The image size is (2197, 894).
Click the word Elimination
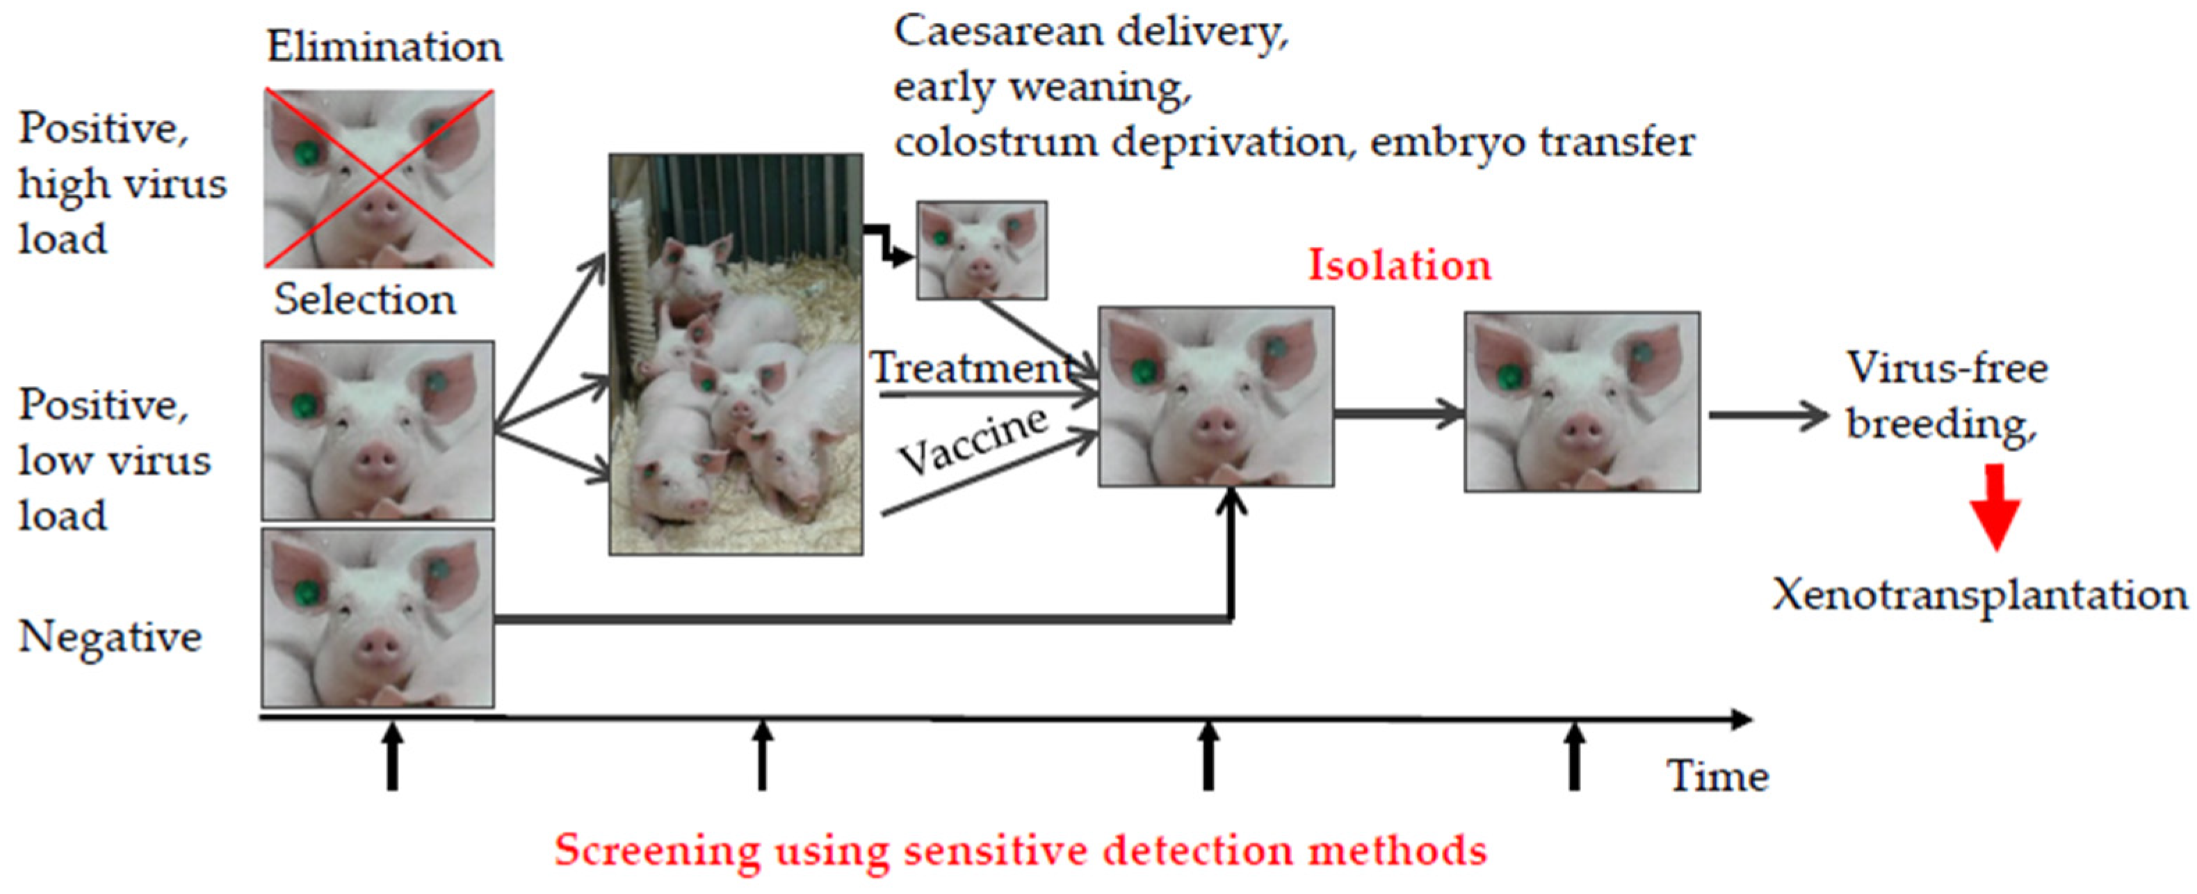(384, 47)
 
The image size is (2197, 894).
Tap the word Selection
(365, 301)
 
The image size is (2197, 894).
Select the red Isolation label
(1400, 265)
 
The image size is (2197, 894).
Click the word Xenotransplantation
(1979, 596)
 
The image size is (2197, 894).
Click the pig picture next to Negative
(378, 618)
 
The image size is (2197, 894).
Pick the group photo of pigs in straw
(735, 354)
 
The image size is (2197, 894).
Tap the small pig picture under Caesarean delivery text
(982, 250)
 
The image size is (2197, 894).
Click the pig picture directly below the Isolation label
(1215, 397)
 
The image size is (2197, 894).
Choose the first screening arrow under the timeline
(391, 757)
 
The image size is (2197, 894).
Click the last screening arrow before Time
(1575, 757)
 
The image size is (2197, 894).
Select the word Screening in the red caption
(657, 850)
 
